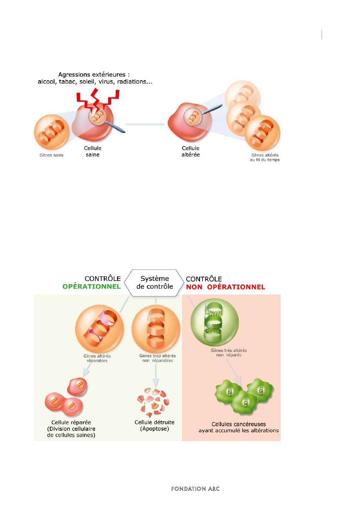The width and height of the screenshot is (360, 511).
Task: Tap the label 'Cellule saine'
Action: click(x=93, y=151)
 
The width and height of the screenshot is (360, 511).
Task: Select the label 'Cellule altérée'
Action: click(x=191, y=151)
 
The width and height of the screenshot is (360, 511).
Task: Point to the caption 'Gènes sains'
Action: click(x=51, y=155)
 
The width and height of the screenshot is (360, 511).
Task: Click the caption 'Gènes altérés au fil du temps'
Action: click(x=265, y=157)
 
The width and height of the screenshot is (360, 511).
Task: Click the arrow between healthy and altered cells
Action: click(x=145, y=124)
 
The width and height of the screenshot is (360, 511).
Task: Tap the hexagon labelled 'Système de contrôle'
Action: click(x=154, y=283)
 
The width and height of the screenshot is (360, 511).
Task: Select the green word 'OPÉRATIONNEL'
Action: click(x=91, y=287)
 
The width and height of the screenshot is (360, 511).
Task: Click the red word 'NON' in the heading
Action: click(x=194, y=287)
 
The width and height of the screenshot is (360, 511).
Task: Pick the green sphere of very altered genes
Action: click(x=215, y=323)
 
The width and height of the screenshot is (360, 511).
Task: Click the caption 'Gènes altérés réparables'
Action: click(x=97, y=358)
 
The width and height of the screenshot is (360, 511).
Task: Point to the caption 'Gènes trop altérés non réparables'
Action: click(x=157, y=358)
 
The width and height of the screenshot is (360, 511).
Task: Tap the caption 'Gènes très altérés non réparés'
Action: click(x=229, y=353)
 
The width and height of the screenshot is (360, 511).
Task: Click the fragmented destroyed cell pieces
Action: click(x=154, y=402)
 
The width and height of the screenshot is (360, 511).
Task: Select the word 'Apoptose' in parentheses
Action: click(x=155, y=429)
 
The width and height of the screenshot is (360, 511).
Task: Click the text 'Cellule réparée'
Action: click(x=71, y=422)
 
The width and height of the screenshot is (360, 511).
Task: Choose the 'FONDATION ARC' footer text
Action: click(x=195, y=489)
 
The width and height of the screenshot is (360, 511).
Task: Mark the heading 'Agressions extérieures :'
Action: click(x=94, y=75)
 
